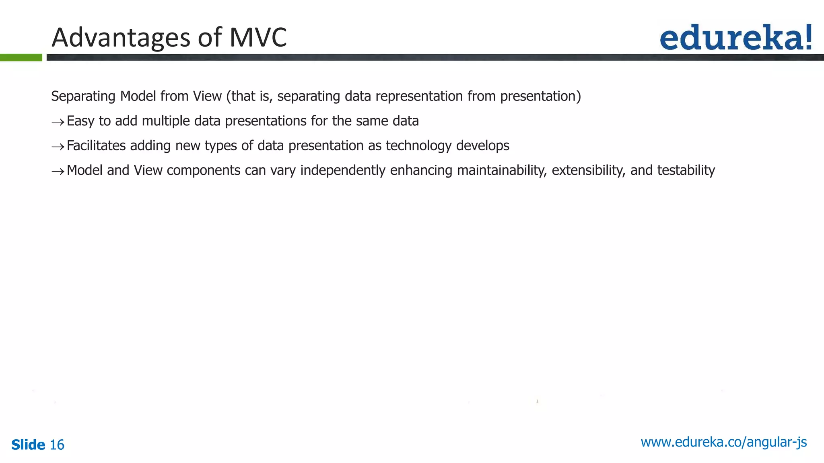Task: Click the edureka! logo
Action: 735,37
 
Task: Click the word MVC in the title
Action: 258,37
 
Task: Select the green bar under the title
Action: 21,57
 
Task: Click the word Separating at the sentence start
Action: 83,96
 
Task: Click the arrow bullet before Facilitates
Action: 58,147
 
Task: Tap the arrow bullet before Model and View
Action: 58,172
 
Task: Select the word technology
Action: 418,146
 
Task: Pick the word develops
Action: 482,146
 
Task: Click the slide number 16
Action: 57,445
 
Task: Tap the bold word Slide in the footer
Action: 28,445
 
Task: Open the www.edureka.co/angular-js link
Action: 723,442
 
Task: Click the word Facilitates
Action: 96,145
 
